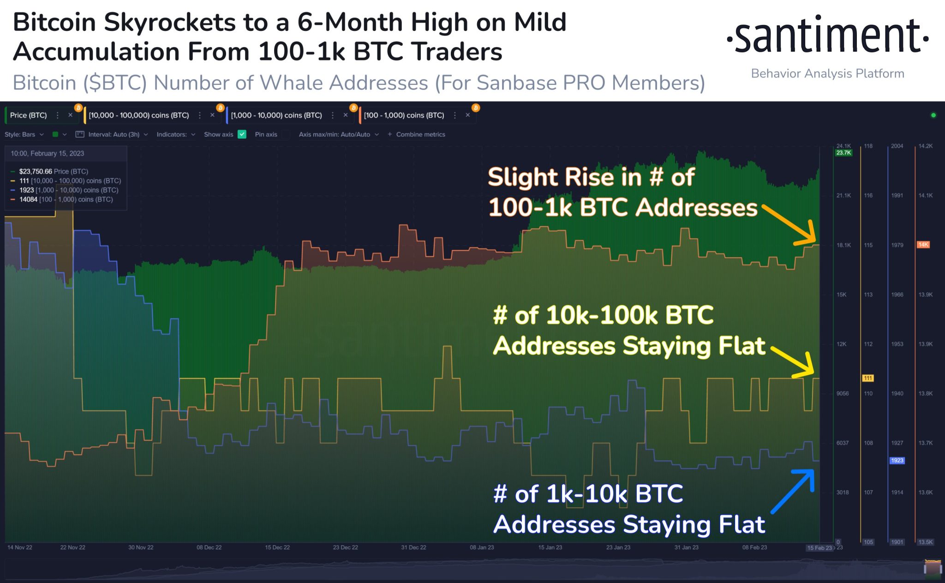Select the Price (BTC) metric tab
(x=29, y=115)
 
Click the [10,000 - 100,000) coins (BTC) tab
(x=138, y=115)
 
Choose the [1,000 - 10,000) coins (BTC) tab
(x=276, y=115)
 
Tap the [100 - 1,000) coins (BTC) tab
(x=404, y=115)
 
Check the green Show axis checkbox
(x=242, y=134)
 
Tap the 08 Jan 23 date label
(x=482, y=547)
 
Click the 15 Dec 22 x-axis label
(x=277, y=547)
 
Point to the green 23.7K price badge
(x=843, y=153)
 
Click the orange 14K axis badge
(x=923, y=245)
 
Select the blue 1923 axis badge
(x=897, y=460)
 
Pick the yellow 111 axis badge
(x=868, y=378)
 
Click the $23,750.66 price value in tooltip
(x=36, y=171)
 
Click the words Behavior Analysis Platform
(x=827, y=73)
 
